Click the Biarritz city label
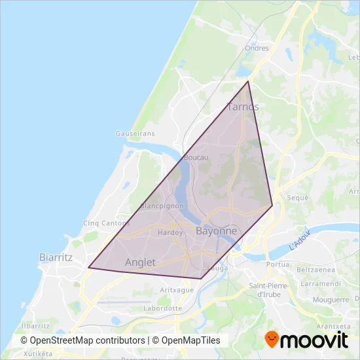tap(55, 257)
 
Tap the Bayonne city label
tap(216, 232)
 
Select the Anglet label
tap(140, 262)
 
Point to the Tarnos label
tap(242, 107)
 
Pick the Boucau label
tap(196, 158)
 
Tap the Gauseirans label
tap(135, 133)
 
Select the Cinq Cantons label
tap(107, 223)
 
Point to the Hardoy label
tap(170, 232)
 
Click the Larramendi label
tap(320, 285)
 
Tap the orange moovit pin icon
tap(272, 340)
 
